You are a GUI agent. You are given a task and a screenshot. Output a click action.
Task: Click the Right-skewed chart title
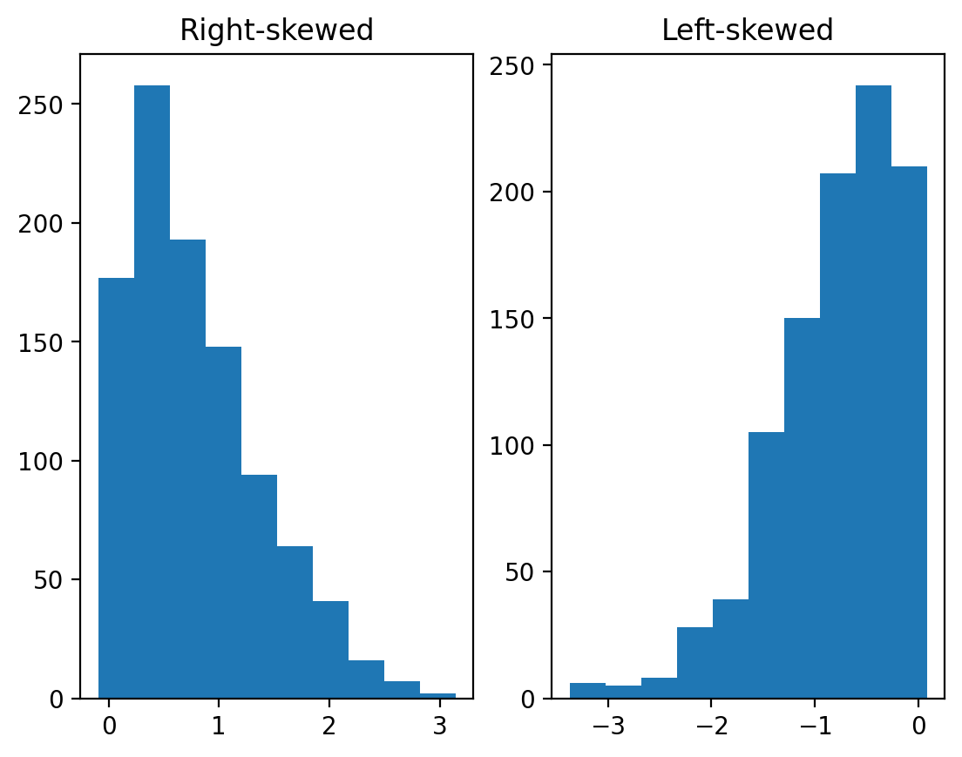(x=276, y=30)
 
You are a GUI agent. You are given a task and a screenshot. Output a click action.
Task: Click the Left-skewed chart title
(x=748, y=30)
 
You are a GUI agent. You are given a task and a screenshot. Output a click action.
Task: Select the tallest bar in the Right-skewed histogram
(x=152, y=392)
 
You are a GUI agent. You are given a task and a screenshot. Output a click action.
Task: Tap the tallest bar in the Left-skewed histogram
(x=873, y=392)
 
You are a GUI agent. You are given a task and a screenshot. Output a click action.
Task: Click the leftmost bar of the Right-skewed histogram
(x=116, y=488)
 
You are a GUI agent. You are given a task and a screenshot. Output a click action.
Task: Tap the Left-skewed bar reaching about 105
(x=766, y=565)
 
